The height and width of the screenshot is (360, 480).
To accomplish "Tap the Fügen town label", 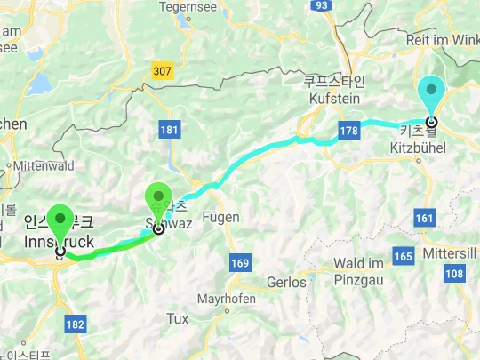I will coord(221,216).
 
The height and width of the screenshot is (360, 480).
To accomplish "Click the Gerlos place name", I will coord(287,282).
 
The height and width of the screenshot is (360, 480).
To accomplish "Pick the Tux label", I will coord(178,318).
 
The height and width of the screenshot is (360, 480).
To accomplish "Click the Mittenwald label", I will coord(44,164).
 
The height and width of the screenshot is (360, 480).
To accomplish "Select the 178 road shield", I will coord(349,132).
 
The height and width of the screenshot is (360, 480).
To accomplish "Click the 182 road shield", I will coord(76,324).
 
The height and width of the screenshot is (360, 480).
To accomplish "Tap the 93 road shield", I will coord(323,5).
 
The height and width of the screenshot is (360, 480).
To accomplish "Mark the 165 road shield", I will coord(403,257).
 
